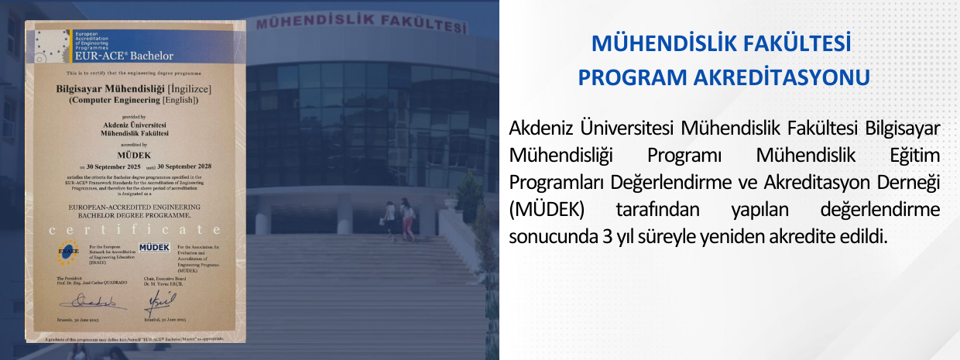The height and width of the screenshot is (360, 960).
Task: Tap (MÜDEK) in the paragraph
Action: click(547, 210)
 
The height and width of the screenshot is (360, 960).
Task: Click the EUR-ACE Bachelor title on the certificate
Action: click(124, 56)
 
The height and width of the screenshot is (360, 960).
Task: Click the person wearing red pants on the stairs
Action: click(407, 221)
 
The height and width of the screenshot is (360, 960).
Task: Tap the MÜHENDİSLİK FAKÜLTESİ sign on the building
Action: click(362, 21)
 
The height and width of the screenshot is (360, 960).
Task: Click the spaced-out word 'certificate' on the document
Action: click(134, 230)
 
